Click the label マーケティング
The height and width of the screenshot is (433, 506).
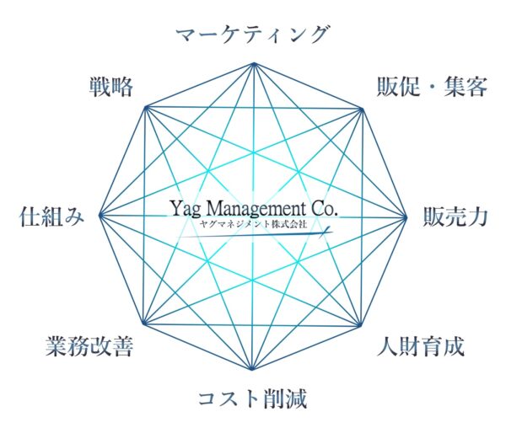tap(253, 35)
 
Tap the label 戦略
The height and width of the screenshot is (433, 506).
tap(111, 87)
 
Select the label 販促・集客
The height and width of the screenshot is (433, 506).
tap(432, 87)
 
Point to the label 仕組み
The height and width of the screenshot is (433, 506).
tap(51, 216)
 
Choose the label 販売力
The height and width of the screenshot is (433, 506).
tap(455, 216)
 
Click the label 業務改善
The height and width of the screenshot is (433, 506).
tap(89, 346)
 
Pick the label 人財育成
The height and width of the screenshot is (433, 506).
tap(421, 346)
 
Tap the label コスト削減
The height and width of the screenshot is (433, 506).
tap(252, 398)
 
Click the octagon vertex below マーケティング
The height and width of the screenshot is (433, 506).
tap(254, 63)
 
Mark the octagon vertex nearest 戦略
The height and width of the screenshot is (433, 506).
tap(146, 107)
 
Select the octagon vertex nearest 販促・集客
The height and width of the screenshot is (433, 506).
tap(362, 110)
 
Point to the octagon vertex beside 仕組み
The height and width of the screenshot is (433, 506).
tap(100, 215)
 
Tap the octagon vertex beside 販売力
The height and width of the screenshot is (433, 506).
tap(406, 217)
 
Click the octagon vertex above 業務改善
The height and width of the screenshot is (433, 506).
tap(144, 323)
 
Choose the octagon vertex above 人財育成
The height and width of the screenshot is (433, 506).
tap(359, 326)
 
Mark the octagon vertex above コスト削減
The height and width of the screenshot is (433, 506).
tap(251, 369)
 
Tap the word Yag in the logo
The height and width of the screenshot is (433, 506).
tap(186, 210)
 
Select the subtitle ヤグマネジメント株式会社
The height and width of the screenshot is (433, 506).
tap(253, 224)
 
